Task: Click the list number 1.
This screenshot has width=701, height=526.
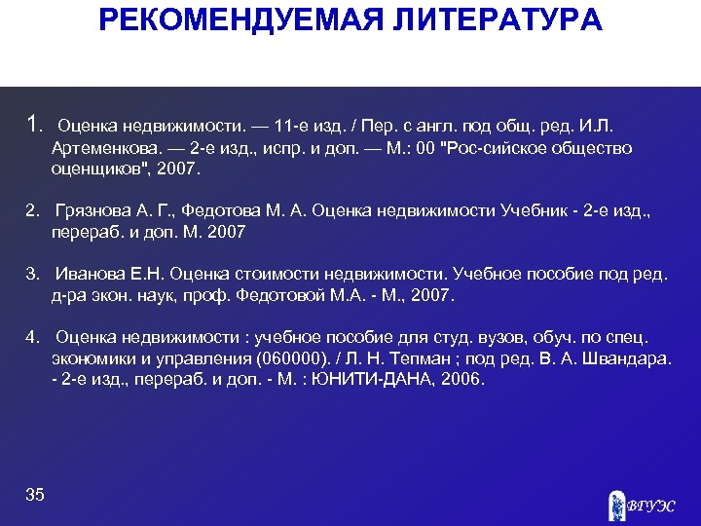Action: point(34,125)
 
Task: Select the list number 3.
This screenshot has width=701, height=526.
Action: point(32,275)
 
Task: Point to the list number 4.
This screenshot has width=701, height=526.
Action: point(32,337)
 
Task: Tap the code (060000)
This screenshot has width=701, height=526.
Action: point(292,358)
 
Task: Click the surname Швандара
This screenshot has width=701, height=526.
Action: point(625,358)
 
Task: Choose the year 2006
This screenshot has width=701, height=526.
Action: point(461,379)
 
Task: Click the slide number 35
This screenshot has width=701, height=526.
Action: point(35,495)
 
